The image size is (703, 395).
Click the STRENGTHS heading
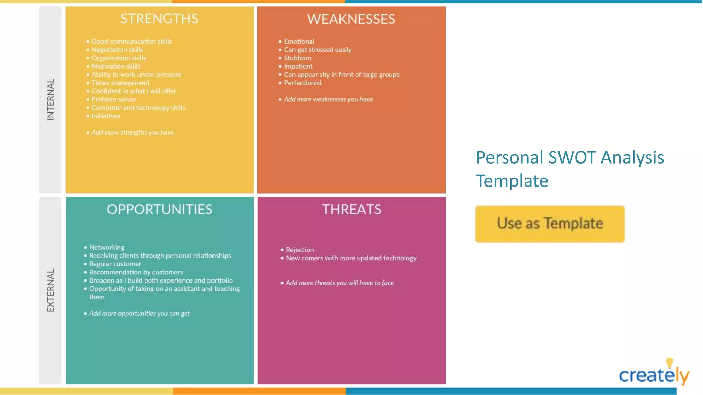click(159, 19)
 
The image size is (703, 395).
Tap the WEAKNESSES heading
click(351, 19)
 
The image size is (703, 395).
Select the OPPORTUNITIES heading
click(159, 210)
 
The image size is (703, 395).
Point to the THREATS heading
click(351, 210)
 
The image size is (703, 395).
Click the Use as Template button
click(550, 224)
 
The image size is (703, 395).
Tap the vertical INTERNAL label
click(50, 99)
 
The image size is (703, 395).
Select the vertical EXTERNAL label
click(50, 290)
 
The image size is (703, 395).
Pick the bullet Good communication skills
click(131, 41)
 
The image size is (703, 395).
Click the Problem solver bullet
click(114, 99)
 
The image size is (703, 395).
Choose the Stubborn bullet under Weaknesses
click(298, 58)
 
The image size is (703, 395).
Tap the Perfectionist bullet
click(303, 83)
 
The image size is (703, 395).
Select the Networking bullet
click(107, 247)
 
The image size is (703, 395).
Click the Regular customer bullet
click(115, 264)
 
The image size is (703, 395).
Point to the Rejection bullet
click(300, 250)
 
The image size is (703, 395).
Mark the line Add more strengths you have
click(132, 133)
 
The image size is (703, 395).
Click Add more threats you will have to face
click(339, 283)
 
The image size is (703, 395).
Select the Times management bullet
click(120, 83)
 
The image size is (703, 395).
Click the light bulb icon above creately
click(669, 362)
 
